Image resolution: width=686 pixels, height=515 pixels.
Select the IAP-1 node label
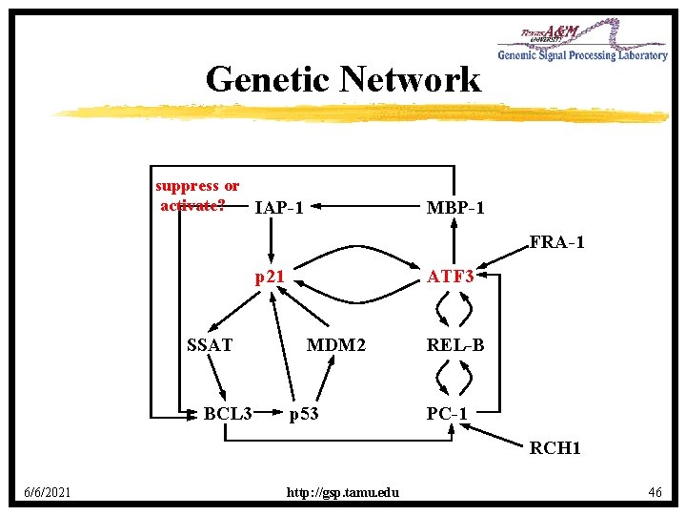pos(279,207)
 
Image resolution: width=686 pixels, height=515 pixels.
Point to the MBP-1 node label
pos(454,207)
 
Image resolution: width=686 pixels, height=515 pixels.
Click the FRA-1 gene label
pos(556,242)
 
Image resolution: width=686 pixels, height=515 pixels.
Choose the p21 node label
pos(270,277)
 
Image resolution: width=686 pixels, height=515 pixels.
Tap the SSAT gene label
pos(211,345)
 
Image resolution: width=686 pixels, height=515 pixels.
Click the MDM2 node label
pos(335,345)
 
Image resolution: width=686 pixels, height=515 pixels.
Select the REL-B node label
pos(454,345)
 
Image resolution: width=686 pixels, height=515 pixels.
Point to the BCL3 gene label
pos(228,414)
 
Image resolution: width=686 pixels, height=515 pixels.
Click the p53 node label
pos(305,414)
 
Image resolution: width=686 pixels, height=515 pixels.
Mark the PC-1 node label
pos(447,414)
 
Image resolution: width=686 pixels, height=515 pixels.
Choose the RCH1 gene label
pos(555,447)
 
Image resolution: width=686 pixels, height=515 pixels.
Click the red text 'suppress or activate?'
pos(197,196)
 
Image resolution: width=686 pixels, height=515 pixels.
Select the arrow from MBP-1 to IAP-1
pos(362,206)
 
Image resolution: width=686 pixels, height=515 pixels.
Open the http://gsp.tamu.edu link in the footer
pos(343,492)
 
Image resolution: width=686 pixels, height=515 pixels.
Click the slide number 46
pos(655,492)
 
